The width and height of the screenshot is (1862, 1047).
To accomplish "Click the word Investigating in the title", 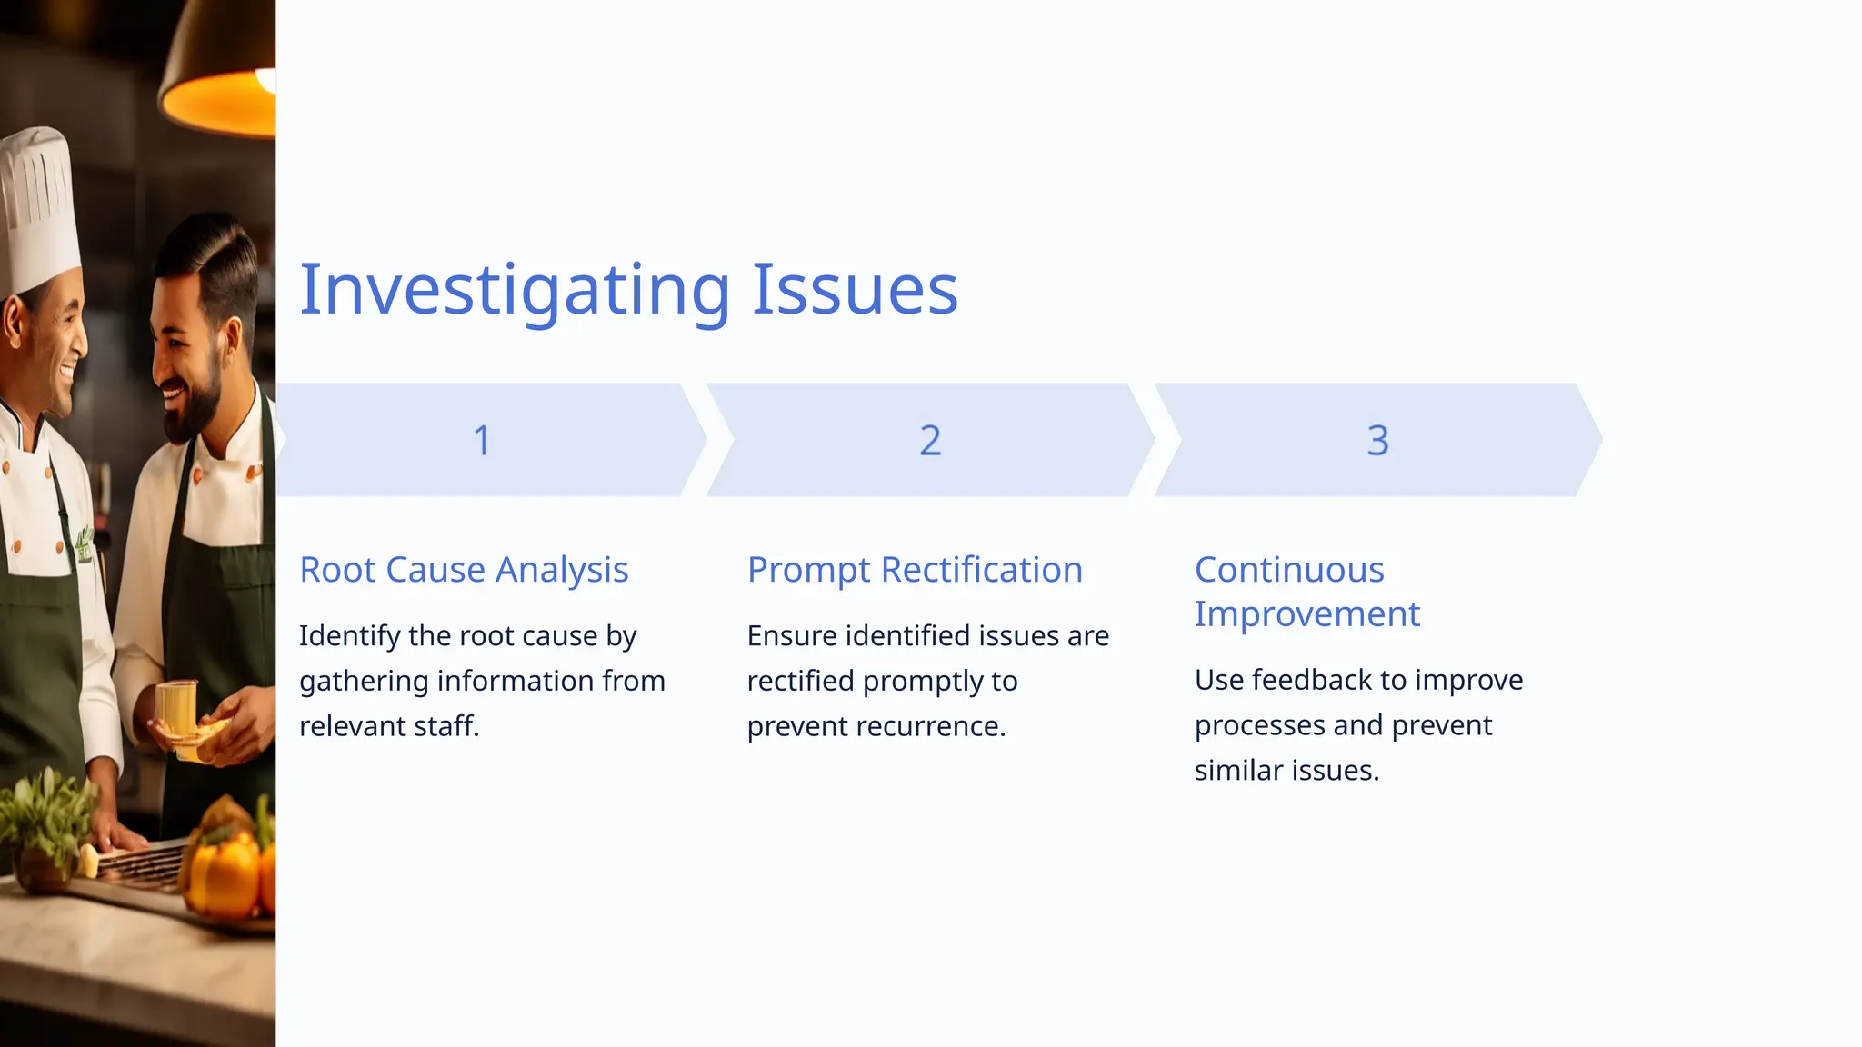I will (x=515, y=289).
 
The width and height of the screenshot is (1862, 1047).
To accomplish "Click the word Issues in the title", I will (x=855, y=289).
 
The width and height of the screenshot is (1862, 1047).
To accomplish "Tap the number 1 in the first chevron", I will (x=482, y=441).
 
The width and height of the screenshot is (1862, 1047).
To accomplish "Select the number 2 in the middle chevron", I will (x=929, y=441).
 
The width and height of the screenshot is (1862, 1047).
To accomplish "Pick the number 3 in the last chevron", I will (x=1377, y=441).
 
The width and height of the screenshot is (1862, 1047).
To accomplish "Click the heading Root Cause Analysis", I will (x=464, y=570).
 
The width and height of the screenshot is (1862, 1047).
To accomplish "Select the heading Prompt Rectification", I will (x=915, y=570).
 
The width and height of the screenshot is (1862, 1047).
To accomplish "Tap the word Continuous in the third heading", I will (x=1289, y=570).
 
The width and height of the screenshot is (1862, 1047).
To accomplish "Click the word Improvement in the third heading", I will (x=1306, y=614).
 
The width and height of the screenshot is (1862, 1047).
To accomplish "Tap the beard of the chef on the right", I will (x=195, y=409).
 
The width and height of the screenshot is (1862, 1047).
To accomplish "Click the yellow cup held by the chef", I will (x=177, y=713).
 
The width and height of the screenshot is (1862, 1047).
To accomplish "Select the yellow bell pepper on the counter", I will (x=227, y=872).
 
